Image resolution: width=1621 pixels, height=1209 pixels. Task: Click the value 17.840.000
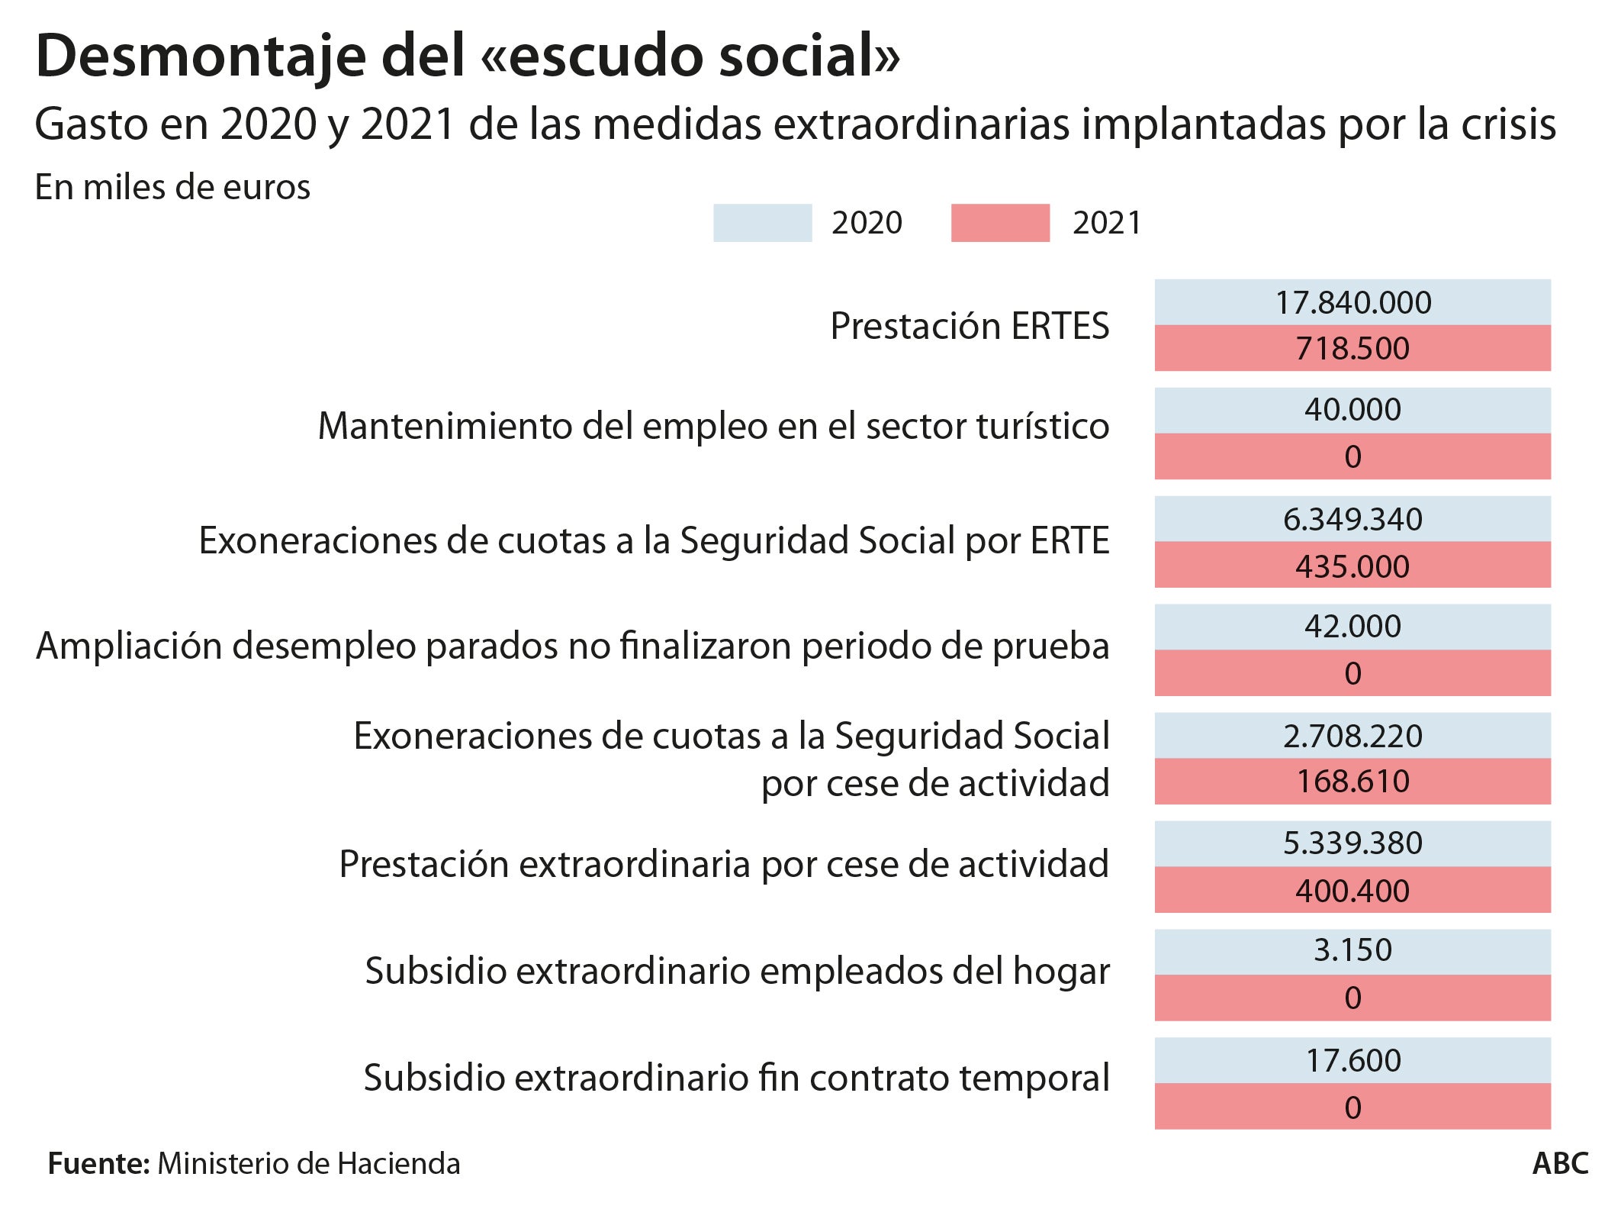(1352, 303)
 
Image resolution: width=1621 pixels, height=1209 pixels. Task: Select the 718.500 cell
(1352, 349)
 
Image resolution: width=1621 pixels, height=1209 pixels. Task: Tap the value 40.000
(1352, 410)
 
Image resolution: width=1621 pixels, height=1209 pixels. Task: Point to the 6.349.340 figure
(1352, 520)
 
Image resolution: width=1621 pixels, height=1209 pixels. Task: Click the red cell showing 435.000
(1352, 566)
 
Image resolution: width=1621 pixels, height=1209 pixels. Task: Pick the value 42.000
(1352, 627)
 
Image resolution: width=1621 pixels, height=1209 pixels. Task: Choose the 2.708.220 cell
(1352, 737)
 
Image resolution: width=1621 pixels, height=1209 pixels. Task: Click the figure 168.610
(1352, 782)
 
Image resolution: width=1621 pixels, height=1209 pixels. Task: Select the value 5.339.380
(1352, 843)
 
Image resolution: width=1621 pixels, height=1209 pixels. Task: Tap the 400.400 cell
(1352, 891)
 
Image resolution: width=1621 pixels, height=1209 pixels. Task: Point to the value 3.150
(1352, 950)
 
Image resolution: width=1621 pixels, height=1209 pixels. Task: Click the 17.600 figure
(1352, 1061)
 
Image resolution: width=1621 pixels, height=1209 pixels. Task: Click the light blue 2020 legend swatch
(762, 223)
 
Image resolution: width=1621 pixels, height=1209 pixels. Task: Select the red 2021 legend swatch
(1000, 223)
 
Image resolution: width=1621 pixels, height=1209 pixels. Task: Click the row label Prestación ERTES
(969, 326)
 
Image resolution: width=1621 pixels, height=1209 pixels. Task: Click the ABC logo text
(1560, 1164)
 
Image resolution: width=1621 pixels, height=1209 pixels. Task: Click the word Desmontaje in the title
(201, 57)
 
